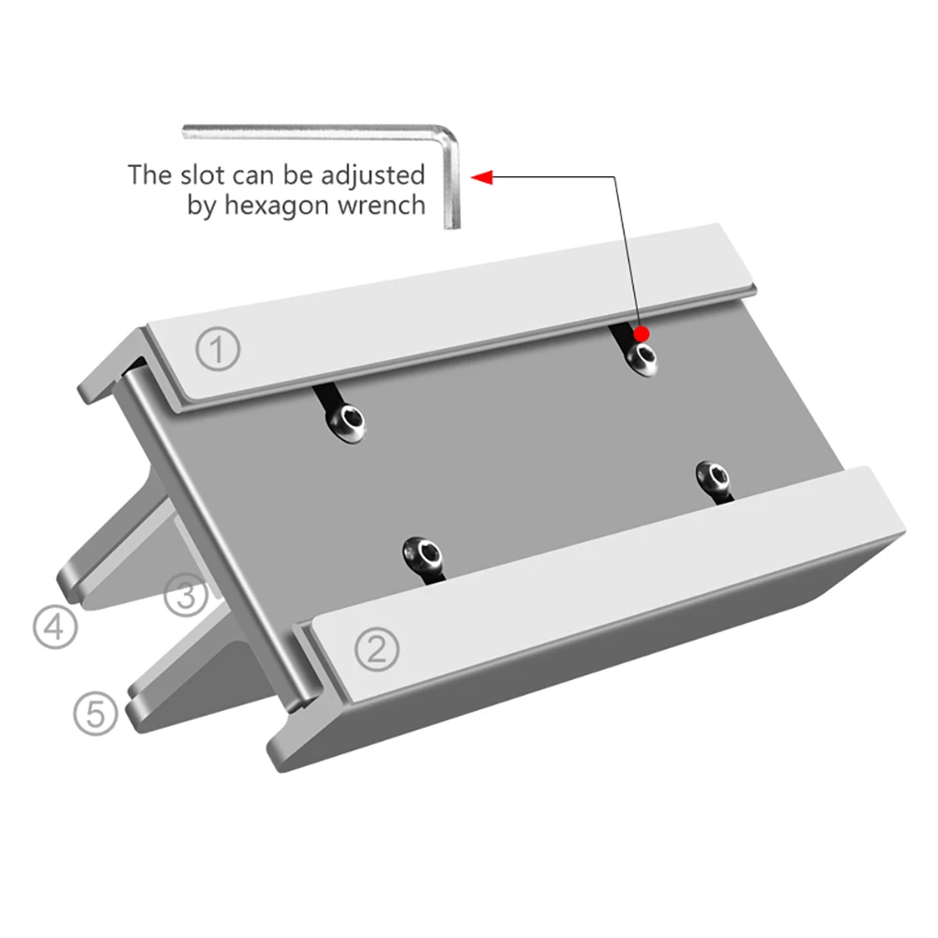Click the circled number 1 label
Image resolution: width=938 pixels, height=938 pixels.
click(218, 349)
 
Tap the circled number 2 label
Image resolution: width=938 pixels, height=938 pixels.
click(377, 649)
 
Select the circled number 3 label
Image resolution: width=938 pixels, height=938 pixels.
click(186, 596)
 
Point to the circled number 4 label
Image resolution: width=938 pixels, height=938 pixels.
click(55, 627)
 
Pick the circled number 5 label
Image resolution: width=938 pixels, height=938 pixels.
click(96, 713)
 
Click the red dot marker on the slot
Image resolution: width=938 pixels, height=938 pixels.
click(642, 333)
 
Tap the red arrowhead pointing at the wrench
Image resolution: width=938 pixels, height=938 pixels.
click(481, 177)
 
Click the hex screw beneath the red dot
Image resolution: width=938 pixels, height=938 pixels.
click(642, 359)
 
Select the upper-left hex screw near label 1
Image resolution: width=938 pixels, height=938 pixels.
click(346, 423)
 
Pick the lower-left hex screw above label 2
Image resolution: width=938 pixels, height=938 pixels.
click(422, 554)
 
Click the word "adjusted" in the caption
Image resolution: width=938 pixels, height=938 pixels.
click(372, 175)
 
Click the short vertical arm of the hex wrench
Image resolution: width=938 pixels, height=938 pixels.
click(452, 186)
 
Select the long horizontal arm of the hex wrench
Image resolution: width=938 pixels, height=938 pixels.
click(311, 132)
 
